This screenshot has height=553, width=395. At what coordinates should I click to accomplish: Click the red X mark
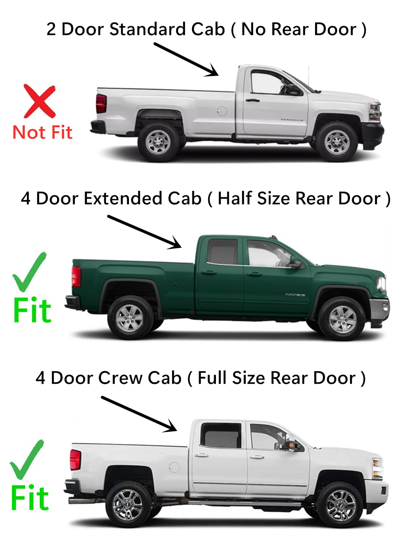click(39, 101)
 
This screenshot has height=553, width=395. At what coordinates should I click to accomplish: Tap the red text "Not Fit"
click(42, 132)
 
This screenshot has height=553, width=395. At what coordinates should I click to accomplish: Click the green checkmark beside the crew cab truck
click(27, 459)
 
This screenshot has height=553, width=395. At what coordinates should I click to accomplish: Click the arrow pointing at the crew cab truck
click(139, 414)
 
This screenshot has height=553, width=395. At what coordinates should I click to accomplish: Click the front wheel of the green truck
click(342, 318)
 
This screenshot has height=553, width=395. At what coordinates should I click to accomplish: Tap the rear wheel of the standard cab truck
click(158, 142)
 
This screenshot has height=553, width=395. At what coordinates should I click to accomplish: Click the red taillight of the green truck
click(76, 276)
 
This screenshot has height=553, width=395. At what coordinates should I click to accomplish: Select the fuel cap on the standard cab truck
click(222, 111)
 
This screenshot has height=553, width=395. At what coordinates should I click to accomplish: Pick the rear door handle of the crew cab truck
click(202, 456)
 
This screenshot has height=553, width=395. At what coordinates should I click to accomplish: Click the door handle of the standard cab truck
click(252, 100)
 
